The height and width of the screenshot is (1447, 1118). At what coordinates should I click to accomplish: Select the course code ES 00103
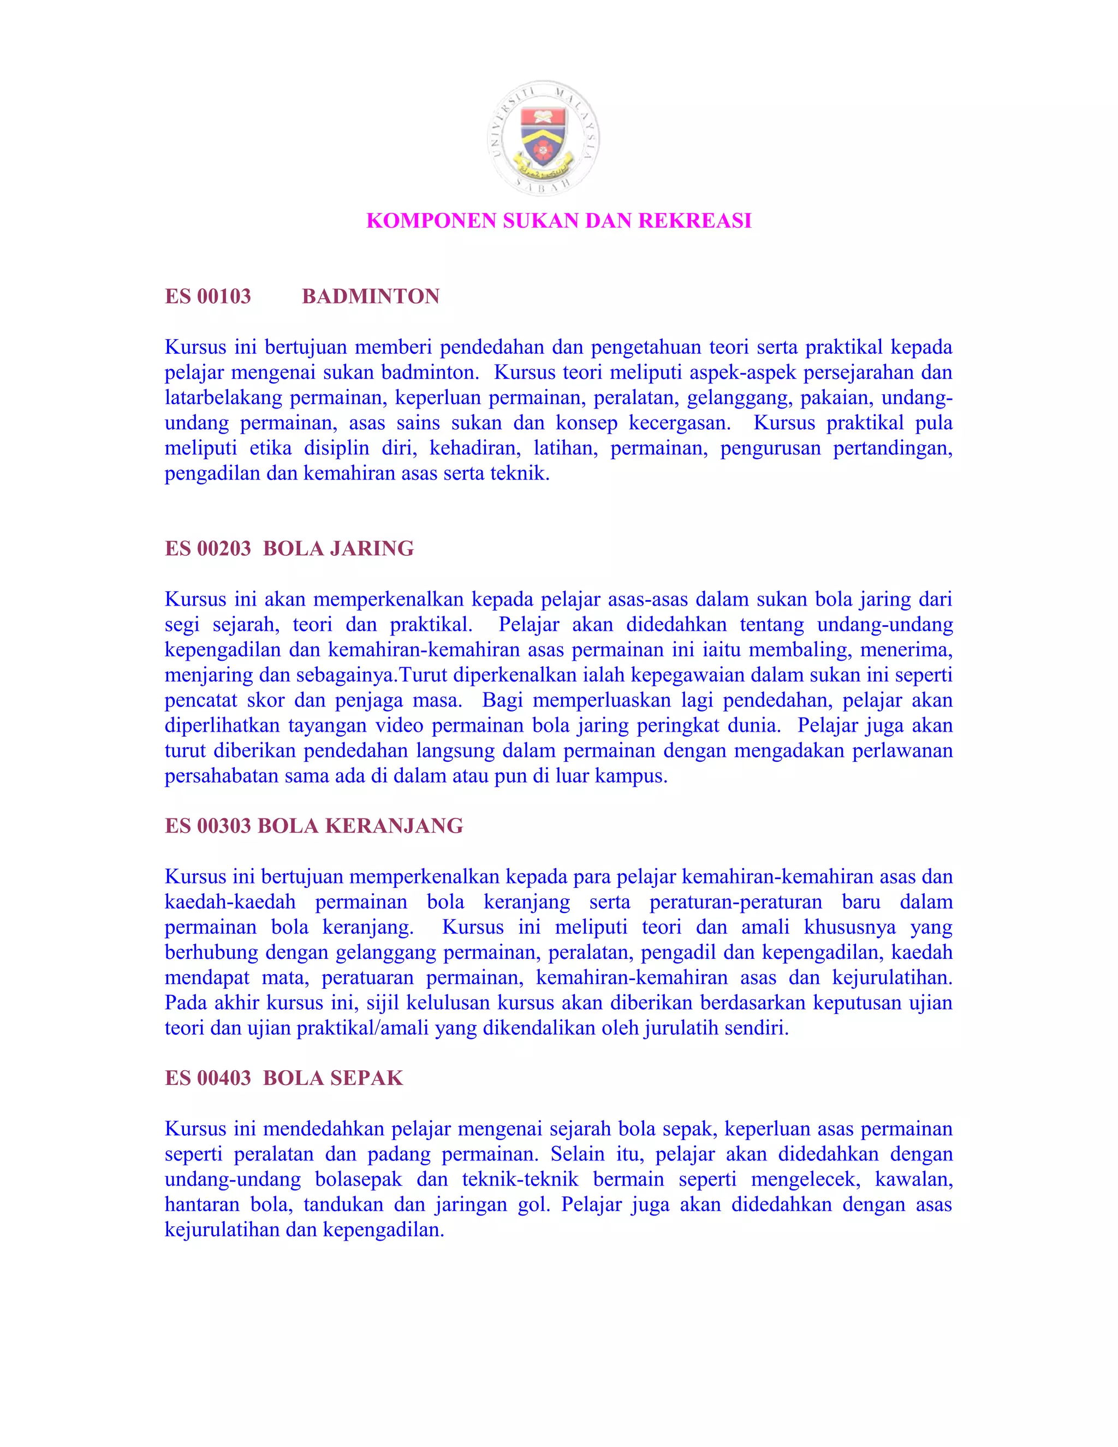pyautogui.click(x=208, y=296)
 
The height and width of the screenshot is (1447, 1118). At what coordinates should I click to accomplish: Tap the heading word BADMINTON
pyautogui.click(x=370, y=296)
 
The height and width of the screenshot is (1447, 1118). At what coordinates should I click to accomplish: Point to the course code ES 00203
pyautogui.click(x=208, y=549)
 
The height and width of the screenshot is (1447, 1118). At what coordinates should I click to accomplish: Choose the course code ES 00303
pyautogui.click(x=208, y=826)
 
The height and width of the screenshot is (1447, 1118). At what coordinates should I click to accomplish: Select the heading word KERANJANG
pyautogui.click(x=394, y=826)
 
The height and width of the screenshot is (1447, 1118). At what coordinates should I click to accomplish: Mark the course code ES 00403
pyautogui.click(x=208, y=1078)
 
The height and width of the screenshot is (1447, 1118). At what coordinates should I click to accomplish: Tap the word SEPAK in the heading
pyautogui.click(x=366, y=1078)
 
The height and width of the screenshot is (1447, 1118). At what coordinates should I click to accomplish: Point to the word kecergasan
pyautogui.click(x=679, y=423)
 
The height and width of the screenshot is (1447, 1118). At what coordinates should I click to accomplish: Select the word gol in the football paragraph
pyautogui.click(x=532, y=1205)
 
